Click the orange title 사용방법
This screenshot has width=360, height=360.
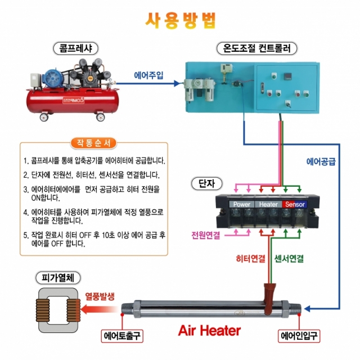tap(180, 20)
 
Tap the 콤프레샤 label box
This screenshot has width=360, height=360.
tap(71, 48)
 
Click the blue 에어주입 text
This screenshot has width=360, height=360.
tap(148, 75)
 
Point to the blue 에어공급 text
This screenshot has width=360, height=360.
tap(321, 161)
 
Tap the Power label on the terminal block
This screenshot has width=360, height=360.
tap(242, 204)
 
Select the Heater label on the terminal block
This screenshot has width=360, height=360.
tap(268, 204)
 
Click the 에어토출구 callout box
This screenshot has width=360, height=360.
tap(123, 336)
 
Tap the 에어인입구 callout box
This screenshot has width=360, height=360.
tap(300, 336)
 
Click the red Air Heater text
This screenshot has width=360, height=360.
tap(209, 330)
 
